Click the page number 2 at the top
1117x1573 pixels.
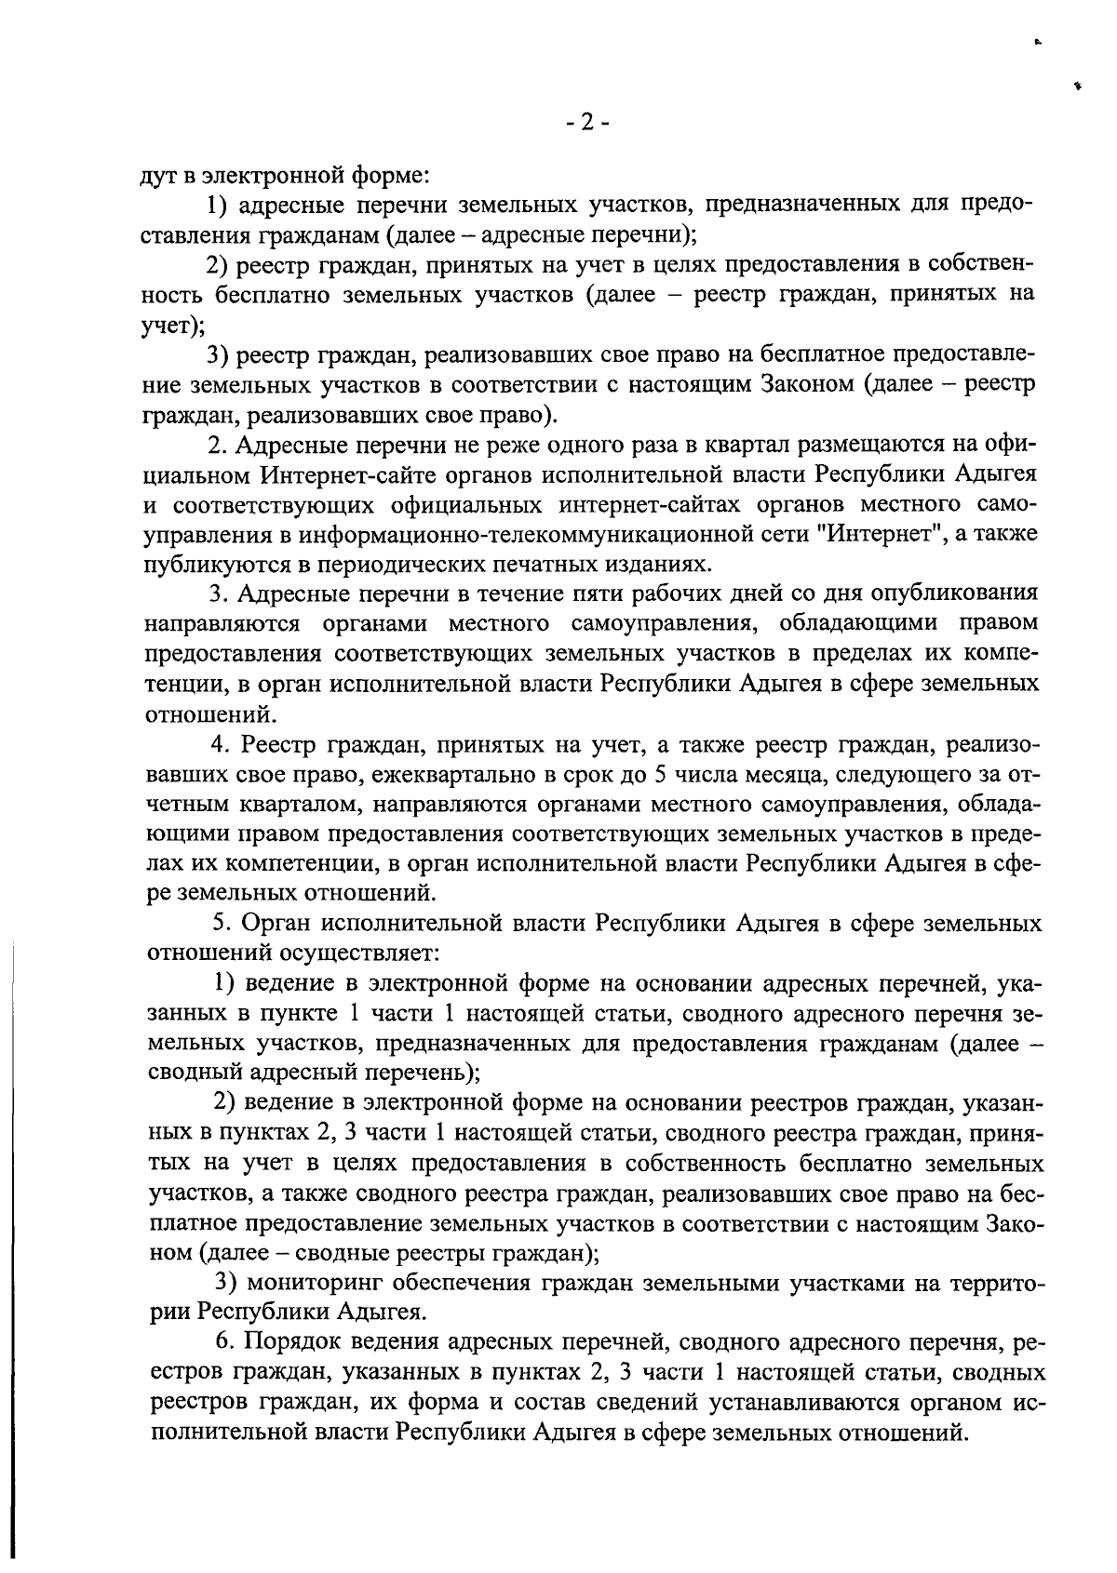coord(585,122)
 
